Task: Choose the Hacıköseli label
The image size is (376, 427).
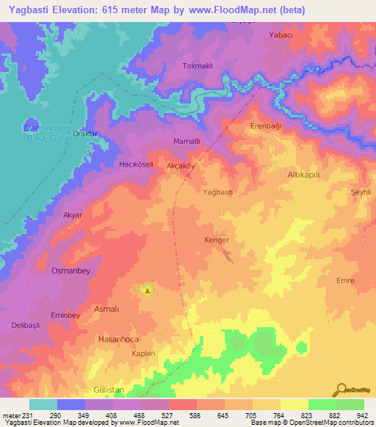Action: pyautogui.click(x=136, y=165)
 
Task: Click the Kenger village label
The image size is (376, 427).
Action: pyautogui.click(x=217, y=240)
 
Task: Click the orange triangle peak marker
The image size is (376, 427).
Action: pyautogui.click(x=147, y=291)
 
